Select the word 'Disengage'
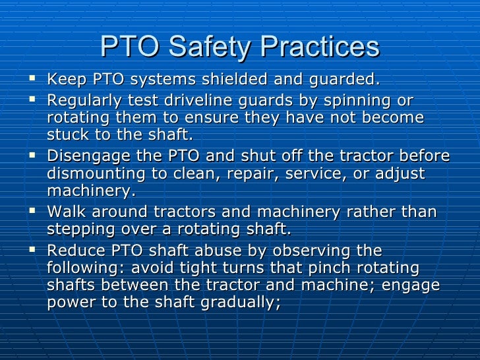[84, 157]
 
